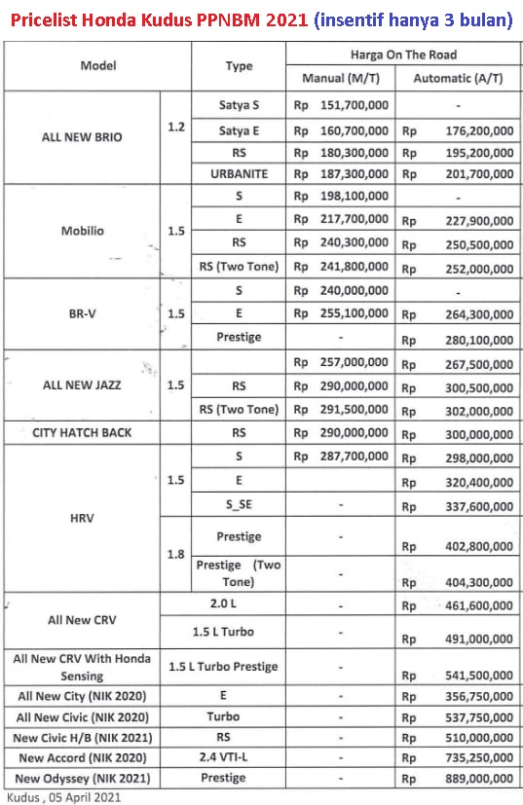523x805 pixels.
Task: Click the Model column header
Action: click(97, 66)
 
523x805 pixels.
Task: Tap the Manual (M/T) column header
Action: click(341, 77)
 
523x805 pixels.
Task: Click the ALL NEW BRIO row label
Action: click(82, 137)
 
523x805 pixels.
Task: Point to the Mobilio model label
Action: click(82, 232)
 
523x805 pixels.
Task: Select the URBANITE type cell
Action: click(239, 173)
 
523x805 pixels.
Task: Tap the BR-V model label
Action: click(82, 313)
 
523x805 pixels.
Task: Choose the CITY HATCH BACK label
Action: click(82, 432)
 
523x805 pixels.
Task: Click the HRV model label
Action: click(82, 517)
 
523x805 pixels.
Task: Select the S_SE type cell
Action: click(239, 504)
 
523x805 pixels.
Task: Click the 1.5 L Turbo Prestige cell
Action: click(239, 667)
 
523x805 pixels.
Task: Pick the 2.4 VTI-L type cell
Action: click(239, 756)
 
